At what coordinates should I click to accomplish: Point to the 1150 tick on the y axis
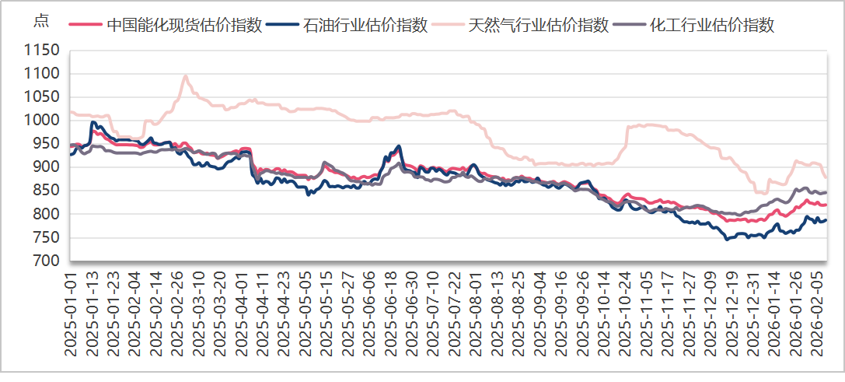pyautogui.click(x=43, y=51)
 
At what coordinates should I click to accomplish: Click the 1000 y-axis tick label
pyautogui.click(x=43, y=121)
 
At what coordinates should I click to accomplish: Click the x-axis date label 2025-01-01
pyautogui.click(x=71, y=314)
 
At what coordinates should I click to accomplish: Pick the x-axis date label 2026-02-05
pyautogui.click(x=818, y=314)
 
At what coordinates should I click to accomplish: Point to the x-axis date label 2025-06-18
pyautogui.click(x=391, y=314)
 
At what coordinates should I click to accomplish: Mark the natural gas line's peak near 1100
pyautogui.click(x=185, y=75)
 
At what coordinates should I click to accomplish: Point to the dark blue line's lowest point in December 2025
pyautogui.click(x=728, y=239)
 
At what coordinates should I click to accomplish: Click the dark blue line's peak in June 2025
pyautogui.click(x=399, y=145)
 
